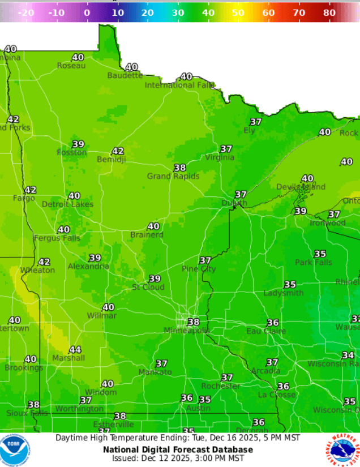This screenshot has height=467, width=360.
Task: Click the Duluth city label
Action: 234,203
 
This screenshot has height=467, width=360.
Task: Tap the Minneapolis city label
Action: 187,330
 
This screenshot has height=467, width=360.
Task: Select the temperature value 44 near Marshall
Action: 75,350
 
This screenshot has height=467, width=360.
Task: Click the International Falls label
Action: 179,85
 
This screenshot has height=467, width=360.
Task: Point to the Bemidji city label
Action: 112,160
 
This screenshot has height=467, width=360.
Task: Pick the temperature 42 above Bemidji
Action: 118,151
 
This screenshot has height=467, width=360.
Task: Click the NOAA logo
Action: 15,450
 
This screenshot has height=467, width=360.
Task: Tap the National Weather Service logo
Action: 343,450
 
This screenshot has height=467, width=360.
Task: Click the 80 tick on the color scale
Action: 329,12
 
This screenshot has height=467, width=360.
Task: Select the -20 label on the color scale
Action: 27,12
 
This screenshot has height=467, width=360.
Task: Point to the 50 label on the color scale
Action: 238,12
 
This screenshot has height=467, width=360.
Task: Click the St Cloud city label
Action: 148,287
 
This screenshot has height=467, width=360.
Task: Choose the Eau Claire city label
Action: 266,331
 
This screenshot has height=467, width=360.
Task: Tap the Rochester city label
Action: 221,385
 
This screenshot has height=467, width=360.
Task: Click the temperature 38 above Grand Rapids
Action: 180,168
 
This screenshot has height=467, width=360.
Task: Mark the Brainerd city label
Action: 147,234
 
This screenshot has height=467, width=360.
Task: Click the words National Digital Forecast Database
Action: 178,449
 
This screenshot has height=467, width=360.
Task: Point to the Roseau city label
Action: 71,66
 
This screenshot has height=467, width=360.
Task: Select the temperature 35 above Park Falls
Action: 320,254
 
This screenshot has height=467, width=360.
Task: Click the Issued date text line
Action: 178,458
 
